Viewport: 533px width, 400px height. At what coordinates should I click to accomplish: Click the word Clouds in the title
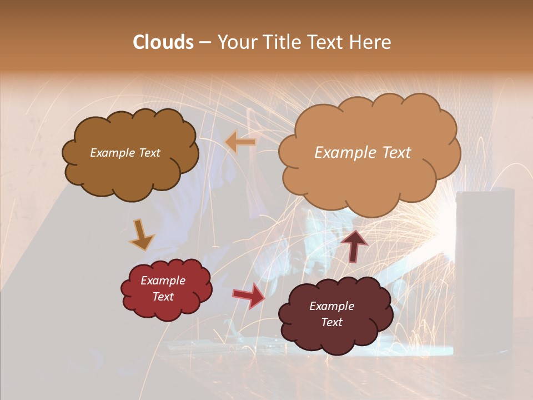click(163, 42)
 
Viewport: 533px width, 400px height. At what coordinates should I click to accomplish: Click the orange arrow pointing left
click(240, 142)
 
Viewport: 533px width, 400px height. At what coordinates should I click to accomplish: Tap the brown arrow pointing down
click(141, 234)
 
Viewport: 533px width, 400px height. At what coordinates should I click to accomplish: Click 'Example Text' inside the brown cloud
click(125, 153)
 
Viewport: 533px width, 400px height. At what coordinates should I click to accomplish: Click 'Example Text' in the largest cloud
click(363, 153)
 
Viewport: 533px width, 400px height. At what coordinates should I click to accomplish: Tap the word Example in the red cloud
click(163, 281)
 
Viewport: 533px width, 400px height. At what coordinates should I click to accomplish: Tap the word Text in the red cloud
click(163, 297)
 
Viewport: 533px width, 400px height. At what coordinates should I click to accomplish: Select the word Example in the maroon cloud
click(331, 306)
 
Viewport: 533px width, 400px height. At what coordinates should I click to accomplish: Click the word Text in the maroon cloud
click(331, 322)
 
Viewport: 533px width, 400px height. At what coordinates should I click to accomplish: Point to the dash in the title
click(204, 43)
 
